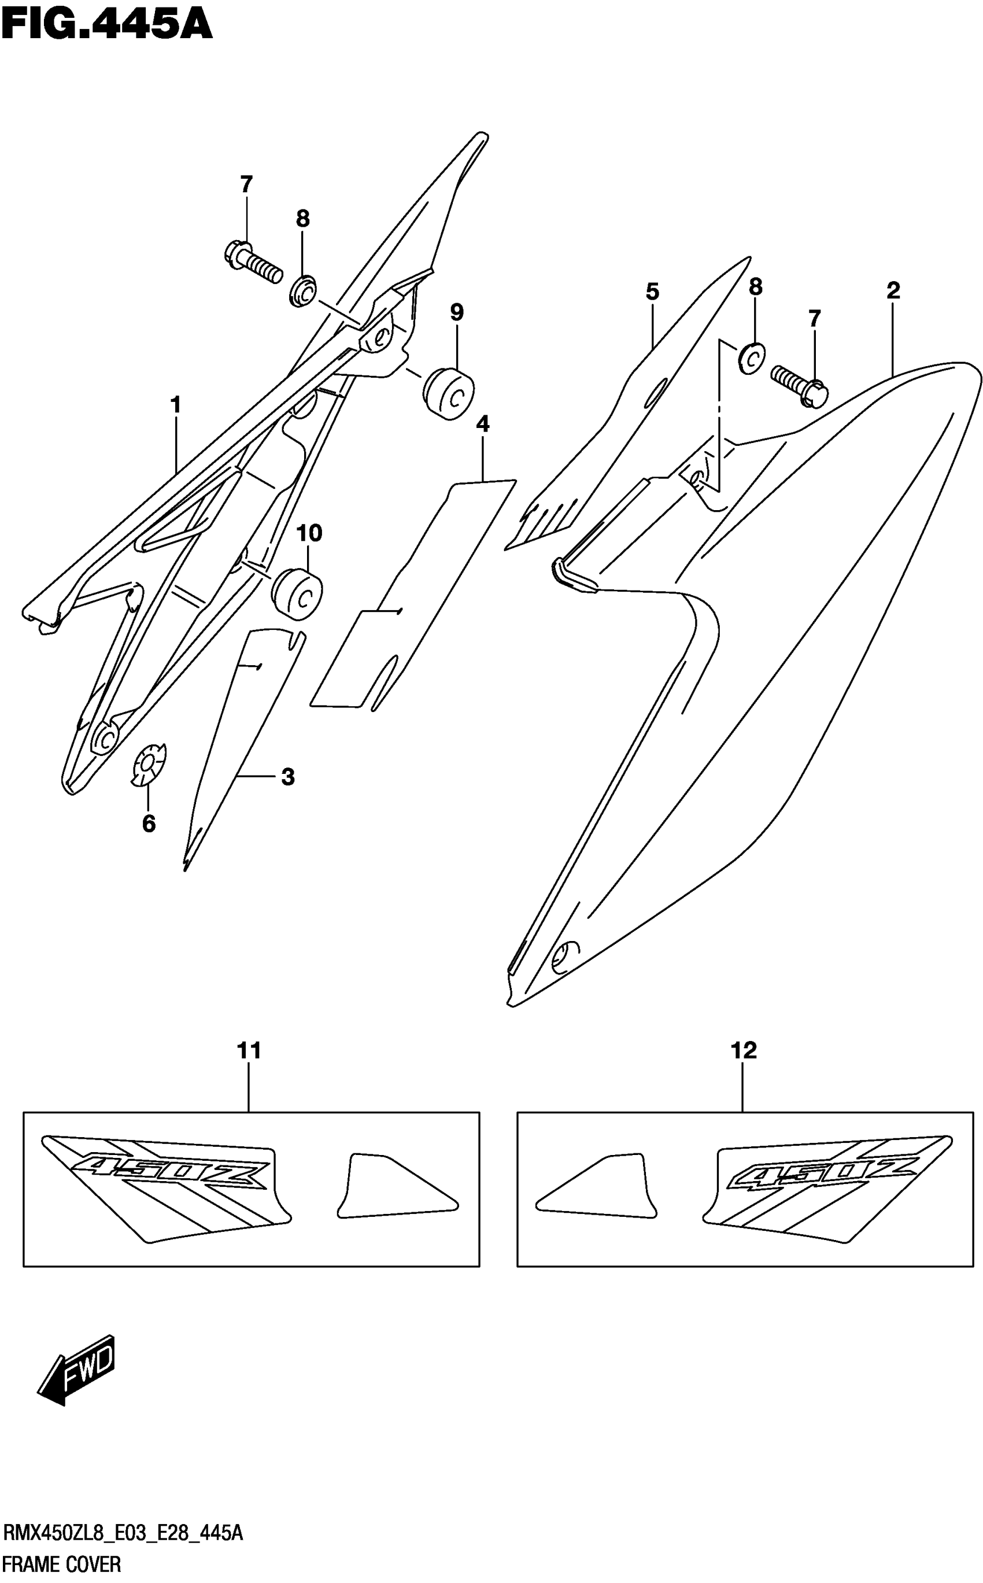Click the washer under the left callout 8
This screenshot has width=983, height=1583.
tap(303, 291)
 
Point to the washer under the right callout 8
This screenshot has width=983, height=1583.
tap(752, 356)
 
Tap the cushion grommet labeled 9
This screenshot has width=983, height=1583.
tap(449, 393)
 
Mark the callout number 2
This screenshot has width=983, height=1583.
tap(893, 290)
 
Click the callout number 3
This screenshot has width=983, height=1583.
tap(288, 776)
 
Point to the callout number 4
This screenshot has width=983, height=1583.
tap(482, 424)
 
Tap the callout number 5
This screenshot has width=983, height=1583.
tap(653, 291)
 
